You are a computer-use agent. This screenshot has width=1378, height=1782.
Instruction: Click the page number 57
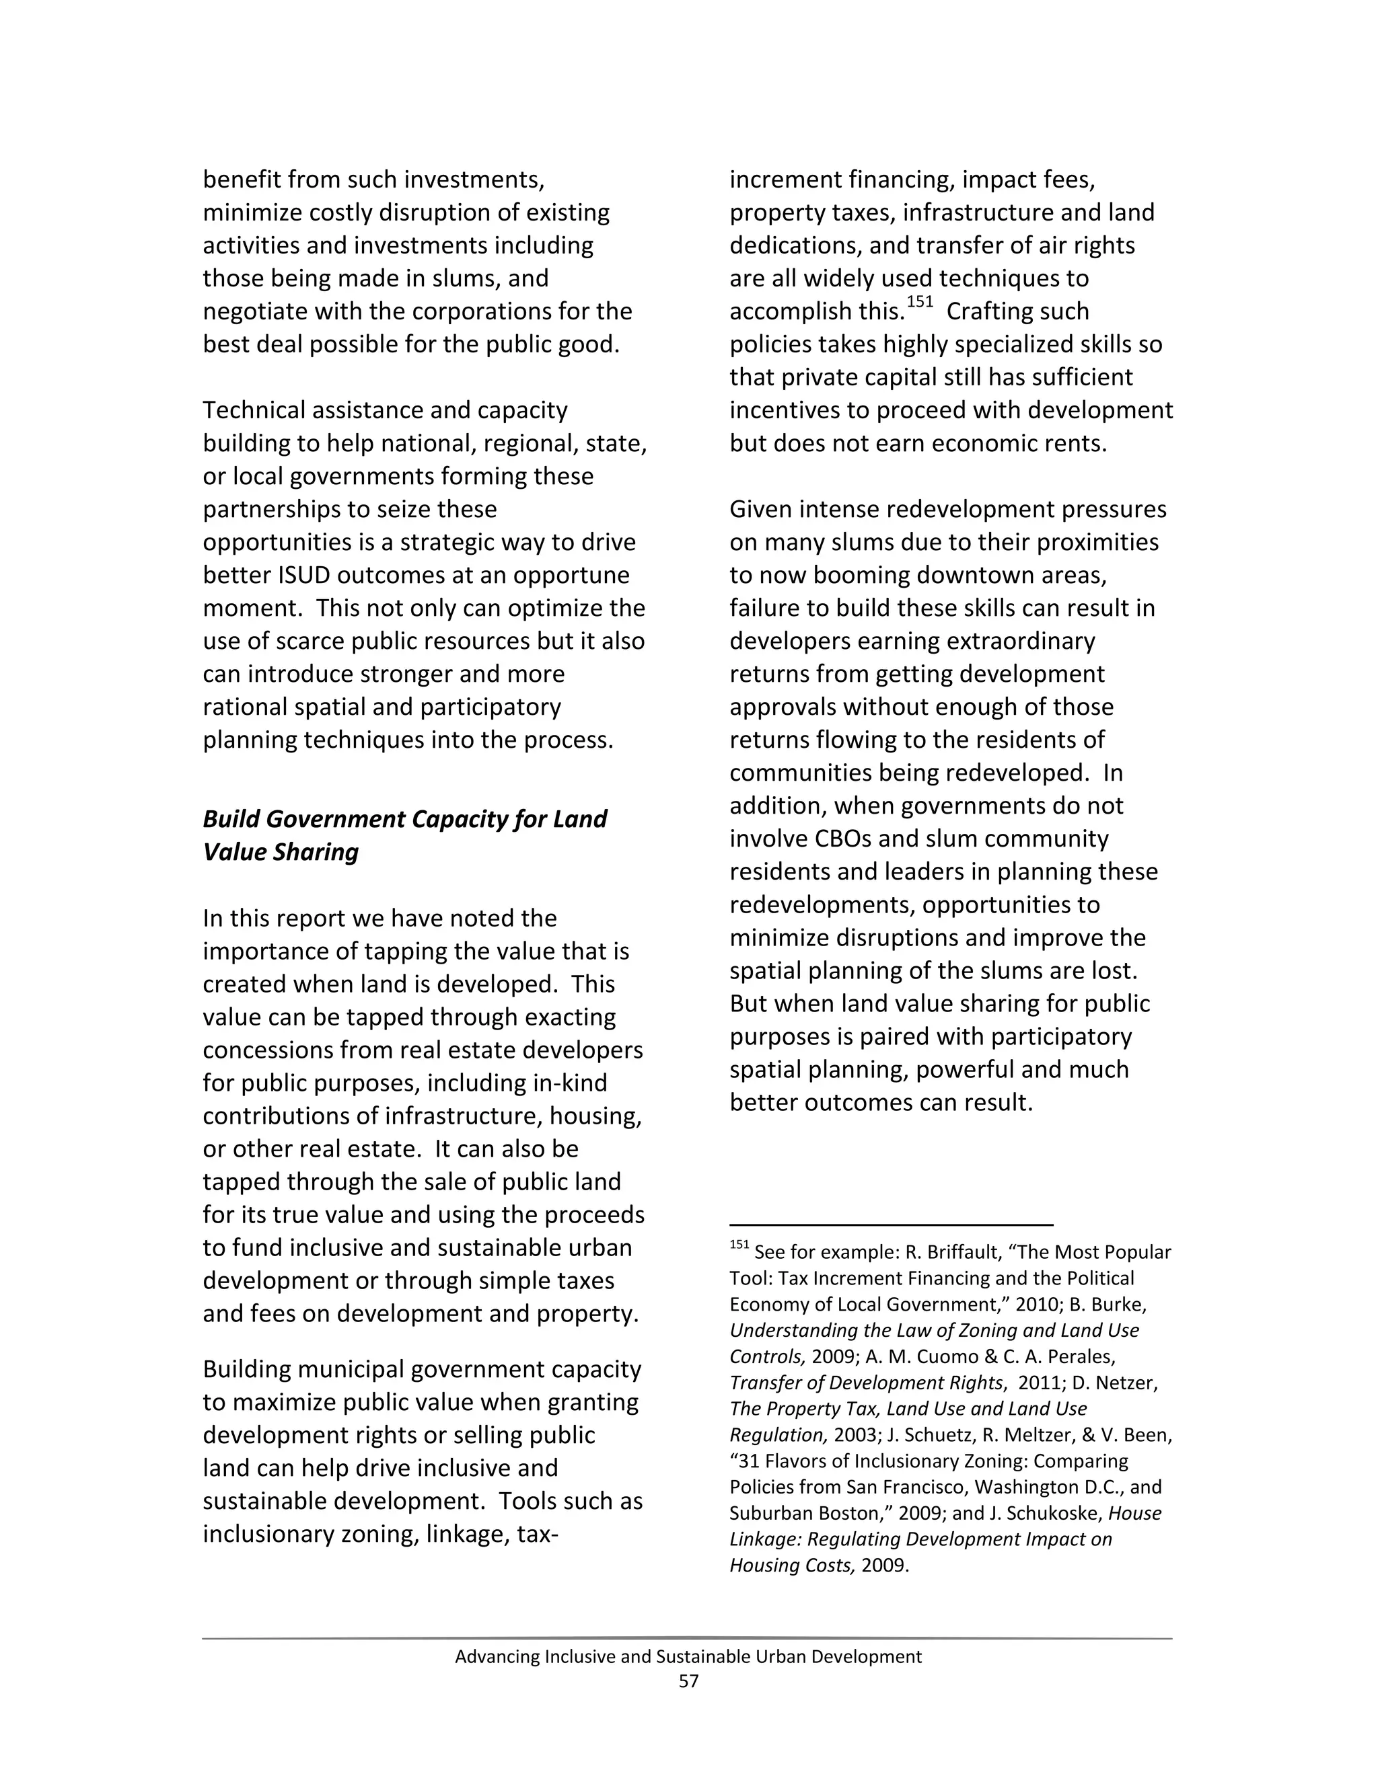(688, 1681)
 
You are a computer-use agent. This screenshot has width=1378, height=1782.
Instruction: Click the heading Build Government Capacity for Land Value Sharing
(404, 835)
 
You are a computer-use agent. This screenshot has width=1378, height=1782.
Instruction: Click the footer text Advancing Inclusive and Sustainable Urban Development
(688, 1656)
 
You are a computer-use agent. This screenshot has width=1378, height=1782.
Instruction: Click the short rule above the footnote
(891, 1225)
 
